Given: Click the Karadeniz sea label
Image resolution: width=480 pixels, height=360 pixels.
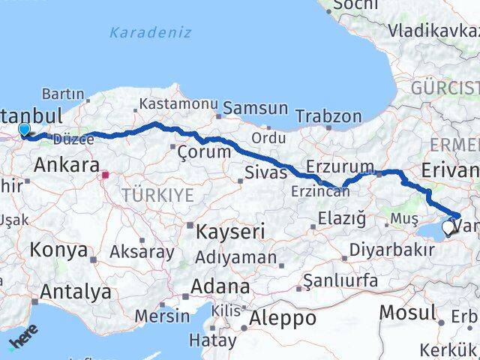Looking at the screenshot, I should pyautogui.click(x=150, y=33).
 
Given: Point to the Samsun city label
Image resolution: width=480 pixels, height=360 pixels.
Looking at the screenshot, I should pyautogui.click(x=255, y=109).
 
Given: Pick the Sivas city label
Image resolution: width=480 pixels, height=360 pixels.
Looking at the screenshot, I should pyautogui.click(x=265, y=173).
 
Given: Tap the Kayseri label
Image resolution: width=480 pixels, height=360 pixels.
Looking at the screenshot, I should pyautogui.click(x=230, y=232).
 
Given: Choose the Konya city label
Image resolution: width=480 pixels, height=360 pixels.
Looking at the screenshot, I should pyautogui.click(x=59, y=250).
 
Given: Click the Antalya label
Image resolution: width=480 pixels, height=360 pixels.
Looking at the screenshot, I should pyautogui.click(x=76, y=292).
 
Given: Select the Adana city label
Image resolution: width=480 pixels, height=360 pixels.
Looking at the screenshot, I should pyautogui.click(x=220, y=286).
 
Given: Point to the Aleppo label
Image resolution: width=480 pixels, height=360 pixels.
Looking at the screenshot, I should pyautogui.click(x=283, y=318).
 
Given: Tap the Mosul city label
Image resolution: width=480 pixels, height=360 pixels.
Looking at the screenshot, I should pyautogui.click(x=408, y=312).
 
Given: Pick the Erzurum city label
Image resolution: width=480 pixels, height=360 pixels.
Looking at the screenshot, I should pyautogui.click(x=340, y=166).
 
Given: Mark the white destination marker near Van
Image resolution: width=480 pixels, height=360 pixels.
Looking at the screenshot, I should pyautogui.click(x=448, y=227).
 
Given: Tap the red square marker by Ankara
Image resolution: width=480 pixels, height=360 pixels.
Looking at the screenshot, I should pyautogui.click(x=106, y=175).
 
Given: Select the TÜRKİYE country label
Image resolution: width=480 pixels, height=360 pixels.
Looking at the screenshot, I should pyautogui.click(x=157, y=196).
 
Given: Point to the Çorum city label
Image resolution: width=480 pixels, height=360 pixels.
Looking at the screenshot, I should pyautogui.click(x=203, y=151).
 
